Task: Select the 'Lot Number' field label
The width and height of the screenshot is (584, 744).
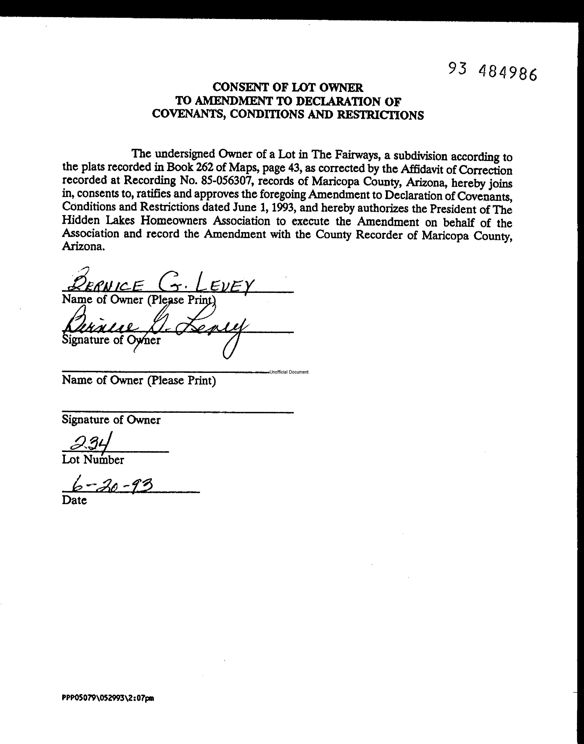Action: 93,460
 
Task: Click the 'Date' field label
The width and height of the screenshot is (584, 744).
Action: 74,500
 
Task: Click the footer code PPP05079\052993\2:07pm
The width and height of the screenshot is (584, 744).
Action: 108,698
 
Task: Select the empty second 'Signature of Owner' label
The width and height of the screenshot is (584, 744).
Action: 111,420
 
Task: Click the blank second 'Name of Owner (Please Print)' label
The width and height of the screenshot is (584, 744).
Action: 139,380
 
